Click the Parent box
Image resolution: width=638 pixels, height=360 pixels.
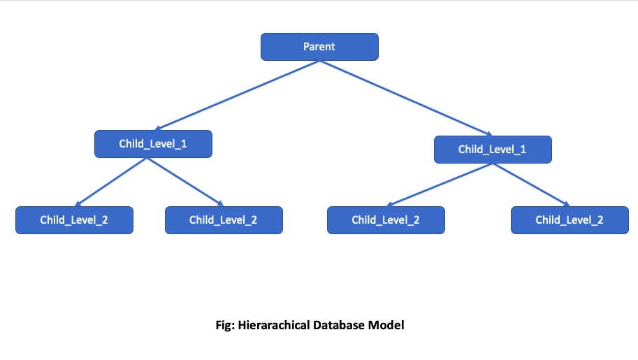pos(319,47)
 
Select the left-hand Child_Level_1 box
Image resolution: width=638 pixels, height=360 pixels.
pos(153,144)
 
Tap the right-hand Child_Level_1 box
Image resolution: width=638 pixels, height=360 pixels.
pos(493,150)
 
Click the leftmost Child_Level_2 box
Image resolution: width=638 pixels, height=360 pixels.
pos(74,219)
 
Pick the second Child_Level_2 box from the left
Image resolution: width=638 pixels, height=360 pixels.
pos(224,219)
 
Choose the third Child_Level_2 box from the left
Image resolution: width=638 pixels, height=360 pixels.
pos(386,219)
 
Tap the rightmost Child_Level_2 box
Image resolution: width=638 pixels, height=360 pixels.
pos(570,219)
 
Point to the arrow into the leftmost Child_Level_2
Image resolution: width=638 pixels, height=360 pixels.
pos(112,182)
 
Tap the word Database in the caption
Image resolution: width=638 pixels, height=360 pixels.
pos(342,325)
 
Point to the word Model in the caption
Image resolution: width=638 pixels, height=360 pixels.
pos(389,325)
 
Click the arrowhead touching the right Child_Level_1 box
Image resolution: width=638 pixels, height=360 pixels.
pos(488,134)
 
